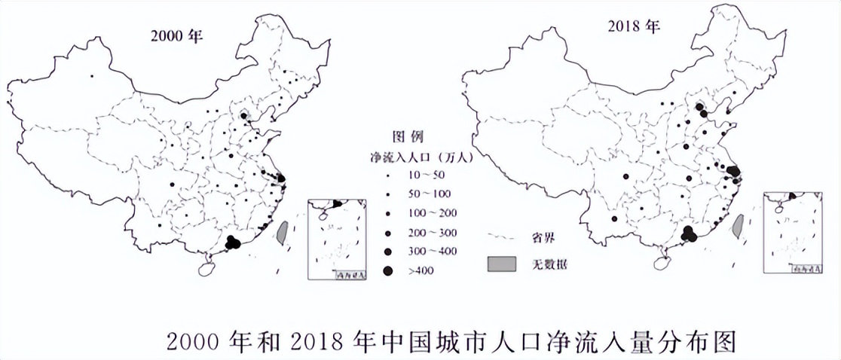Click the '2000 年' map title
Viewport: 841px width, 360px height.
pyautogui.click(x=176, y=37)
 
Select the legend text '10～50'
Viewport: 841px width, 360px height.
pyautogui.click(x=423, y=175)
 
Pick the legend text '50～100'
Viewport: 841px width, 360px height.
pyautogui.click(x=425, y=194)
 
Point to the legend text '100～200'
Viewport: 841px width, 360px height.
pyautogui.click(x=427, y=213)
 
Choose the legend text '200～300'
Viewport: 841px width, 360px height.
pyautogui.click(x=427, y=232)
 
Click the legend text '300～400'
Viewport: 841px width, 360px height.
pyautogui.click(x=427, y=251)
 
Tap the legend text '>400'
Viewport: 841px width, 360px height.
pyautogui.click(x=417, y=270)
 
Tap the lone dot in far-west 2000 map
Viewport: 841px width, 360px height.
pyautogui.click(x=91, y=75)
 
